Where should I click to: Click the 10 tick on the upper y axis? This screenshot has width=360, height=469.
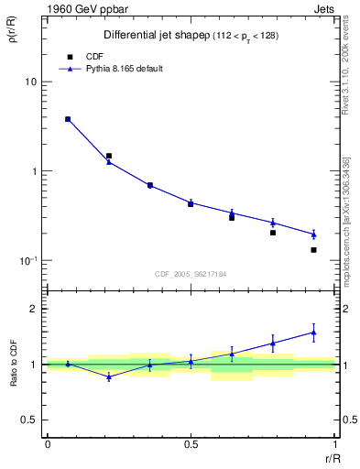tap(30, 82)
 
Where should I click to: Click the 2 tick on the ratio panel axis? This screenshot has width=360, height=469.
tap(33, 309)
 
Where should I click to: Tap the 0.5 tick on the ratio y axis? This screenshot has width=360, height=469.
tap(29, 420)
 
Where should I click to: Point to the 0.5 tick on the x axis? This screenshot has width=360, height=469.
tap(191, 446)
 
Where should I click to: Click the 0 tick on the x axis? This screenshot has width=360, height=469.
tap(47, 446)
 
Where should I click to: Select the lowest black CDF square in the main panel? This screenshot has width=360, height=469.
tap(313, 250)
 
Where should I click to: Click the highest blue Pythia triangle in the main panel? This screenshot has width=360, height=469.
tap(68, 119)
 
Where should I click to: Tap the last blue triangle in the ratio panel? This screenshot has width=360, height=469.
tap(313, 333)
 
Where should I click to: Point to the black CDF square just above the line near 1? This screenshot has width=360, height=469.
tap(109, 156)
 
